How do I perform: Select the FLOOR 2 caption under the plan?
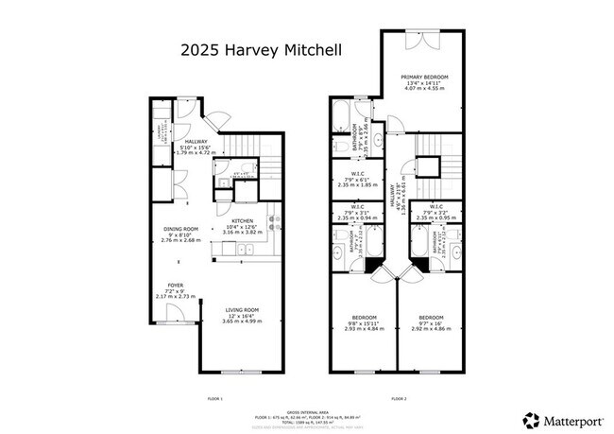[x=397, y=398]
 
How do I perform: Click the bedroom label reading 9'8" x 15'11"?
[x=365, y=322]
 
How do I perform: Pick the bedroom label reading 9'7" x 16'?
[x=430, y=322]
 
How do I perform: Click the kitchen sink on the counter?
[x=243, y=249]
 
